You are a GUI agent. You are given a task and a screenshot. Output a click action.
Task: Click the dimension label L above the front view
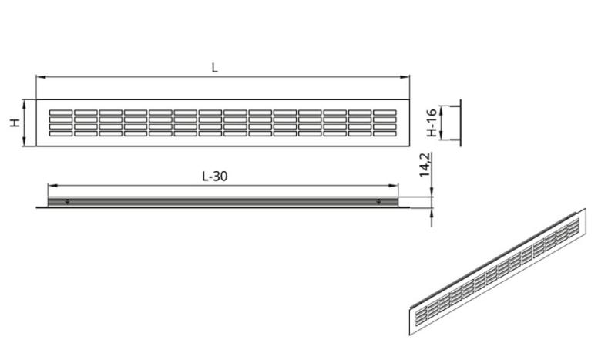point(214,69)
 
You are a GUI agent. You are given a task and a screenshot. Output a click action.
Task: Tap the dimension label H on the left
point(15,123)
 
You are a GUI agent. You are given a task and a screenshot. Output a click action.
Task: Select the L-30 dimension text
point(215,177)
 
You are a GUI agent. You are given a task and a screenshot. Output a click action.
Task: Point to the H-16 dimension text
point(432,123)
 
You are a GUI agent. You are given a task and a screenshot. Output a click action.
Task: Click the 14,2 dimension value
point(425,165)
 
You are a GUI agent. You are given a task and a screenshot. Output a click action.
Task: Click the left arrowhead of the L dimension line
point(39,77)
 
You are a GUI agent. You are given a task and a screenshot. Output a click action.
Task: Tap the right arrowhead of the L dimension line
point(406,77)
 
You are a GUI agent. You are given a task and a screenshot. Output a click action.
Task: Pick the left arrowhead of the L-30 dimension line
point(51,186)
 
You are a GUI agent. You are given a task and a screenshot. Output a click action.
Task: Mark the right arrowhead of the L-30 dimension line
point(395,186)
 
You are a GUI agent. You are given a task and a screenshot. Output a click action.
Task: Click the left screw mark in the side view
point(68,201)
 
